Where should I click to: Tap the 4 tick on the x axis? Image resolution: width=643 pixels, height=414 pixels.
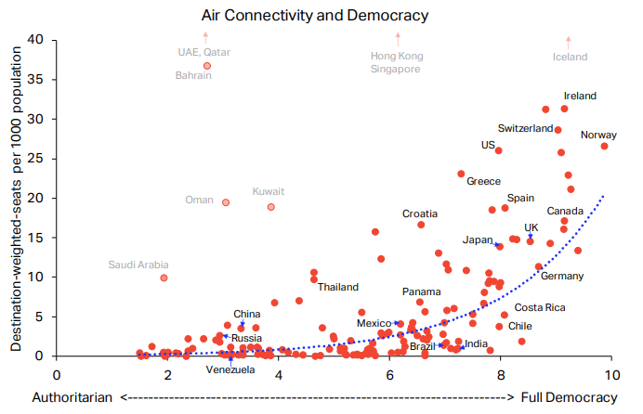[x=279, y=374]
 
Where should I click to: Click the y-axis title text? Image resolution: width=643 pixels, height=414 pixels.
[x=17, y=197]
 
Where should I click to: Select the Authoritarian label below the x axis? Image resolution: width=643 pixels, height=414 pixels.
[x=73, y=397]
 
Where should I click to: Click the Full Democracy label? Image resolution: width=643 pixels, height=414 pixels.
[x=568, y=397]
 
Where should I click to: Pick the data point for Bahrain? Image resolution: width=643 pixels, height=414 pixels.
[x=207, y=66]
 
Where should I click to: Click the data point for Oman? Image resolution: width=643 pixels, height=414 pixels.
[x=226, y=201]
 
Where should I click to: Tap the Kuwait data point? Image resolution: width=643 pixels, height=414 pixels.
[x=270, y=207]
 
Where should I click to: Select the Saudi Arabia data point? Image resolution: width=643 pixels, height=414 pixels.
[x=164, y=278]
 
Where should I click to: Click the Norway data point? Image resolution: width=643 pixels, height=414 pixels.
[x=604, y=146]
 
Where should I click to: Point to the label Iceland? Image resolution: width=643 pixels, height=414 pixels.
[x=570, y=57]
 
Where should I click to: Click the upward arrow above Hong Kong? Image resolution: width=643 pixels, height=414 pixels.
[x=398, y=38]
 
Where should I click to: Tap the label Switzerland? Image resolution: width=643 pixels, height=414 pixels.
[x=526, y=128]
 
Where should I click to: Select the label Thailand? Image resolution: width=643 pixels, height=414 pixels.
[x=337, y=287]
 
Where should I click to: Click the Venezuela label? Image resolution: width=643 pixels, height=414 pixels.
[x=230, y=369]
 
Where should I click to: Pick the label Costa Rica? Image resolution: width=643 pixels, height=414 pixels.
[x=540, y=307]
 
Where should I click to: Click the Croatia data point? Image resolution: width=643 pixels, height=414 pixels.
[x=421, y=225]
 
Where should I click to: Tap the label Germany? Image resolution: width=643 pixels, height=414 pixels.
[x=562, y=277]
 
